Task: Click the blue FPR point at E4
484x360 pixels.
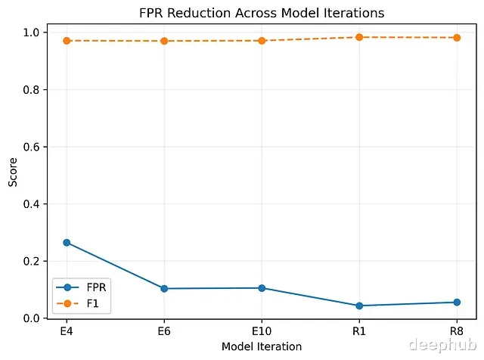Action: point(67,243)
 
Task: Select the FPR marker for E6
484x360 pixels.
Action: point(164,288)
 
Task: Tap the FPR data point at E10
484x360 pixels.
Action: point(262,288)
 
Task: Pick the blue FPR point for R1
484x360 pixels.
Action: point(359,306)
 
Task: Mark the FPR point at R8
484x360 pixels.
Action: point(457,303)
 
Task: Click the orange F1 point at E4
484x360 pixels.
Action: point(67,41)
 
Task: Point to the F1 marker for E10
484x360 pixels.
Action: point(262,41)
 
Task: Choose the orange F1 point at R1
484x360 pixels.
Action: point(359,37)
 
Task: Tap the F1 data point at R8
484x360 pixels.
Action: point(457,37)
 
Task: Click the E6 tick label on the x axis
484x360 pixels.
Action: point(164,331)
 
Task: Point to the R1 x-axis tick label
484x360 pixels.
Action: point(359,331)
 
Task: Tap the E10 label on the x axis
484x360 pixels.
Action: point(262,331)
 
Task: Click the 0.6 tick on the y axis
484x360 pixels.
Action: point(33,147)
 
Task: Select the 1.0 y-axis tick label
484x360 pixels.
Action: point(33,33)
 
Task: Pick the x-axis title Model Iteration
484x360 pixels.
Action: point(262,346)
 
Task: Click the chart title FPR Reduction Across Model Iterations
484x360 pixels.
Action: point(262,13)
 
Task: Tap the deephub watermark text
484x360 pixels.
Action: point(440,345)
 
